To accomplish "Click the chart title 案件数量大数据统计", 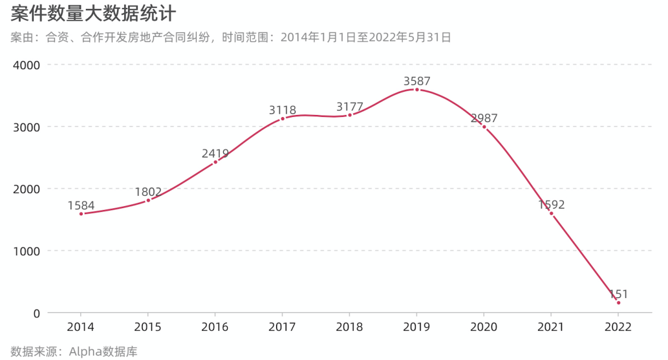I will tap(94, 14).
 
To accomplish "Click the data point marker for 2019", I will tap(416, 90).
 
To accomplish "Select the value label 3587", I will tap(416, 81).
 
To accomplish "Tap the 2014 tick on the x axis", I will tap(81, 327).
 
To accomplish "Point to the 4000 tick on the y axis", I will tap(27, 65).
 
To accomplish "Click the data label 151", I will tap(618, 294).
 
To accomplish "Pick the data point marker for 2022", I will tap(618, 303).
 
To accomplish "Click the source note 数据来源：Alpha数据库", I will tap(74, 352).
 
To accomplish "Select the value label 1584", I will tap(81, 206).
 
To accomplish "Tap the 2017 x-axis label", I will tap(283, 327).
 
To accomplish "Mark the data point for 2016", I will tap(215, 162).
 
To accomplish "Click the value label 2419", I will tap(215, 154).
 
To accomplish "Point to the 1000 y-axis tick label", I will tap(27, 251).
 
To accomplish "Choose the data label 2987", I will tap(484, 118).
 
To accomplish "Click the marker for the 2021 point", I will tap(551, 213).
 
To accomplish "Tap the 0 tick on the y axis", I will tap(36, 313).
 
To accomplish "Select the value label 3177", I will tap(350, 107).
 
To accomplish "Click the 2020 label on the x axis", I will tap(484, 327).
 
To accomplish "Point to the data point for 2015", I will tap(148, 200).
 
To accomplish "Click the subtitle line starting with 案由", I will tap(230, 37).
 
